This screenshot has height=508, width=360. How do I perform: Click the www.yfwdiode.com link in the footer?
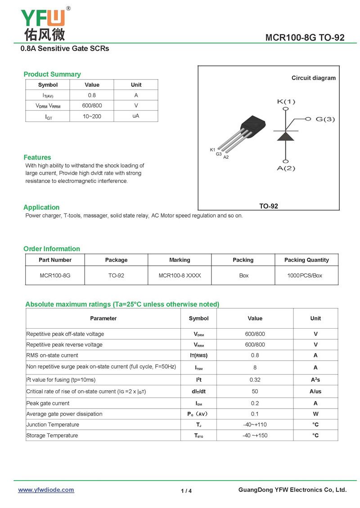tap(46, 490)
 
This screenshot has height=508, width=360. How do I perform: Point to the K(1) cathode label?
tap(286, 102)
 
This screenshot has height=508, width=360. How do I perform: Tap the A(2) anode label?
tap(286, 168)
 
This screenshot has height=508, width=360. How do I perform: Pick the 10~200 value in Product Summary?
tap(92, 116)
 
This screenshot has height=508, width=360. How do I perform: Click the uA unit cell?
tap(135, 116)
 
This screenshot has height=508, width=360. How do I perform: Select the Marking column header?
tap(180, 260)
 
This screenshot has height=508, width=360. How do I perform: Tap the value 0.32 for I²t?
tap(255, 379)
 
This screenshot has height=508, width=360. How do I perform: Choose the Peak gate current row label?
tap(48, 403)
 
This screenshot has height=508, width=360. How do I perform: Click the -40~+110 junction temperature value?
tap(255, 424)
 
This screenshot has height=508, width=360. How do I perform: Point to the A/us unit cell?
tap(315, 391)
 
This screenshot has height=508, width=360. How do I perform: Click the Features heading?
tap(37, 157)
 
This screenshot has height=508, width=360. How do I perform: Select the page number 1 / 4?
tap(186, 491)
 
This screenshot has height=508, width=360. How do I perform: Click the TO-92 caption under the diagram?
tap(269, 206)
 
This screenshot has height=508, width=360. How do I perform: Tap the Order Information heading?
tap(52, 249)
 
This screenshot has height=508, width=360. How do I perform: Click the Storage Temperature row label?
tap(52, 435)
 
